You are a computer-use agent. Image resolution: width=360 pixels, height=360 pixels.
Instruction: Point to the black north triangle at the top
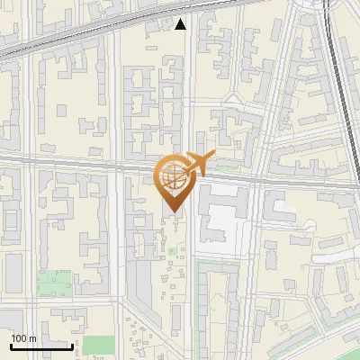click(x=181, y=24)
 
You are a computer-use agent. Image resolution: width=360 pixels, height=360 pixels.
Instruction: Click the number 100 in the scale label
click(x=20, y=338)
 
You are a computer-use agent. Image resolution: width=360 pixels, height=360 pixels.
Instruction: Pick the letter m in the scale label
click(x=33, y=338)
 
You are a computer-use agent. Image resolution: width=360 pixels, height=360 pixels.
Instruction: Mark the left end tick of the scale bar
click(x=11, y=346)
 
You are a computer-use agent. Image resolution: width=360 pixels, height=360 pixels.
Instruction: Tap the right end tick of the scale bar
click(x=72, y=346)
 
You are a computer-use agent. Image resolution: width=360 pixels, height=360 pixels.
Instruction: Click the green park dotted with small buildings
click(x=54, y=283)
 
